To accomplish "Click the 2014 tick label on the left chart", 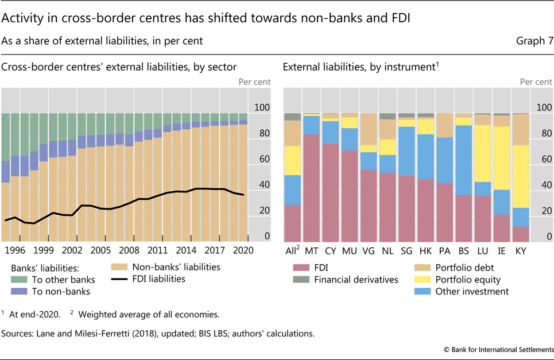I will [x=185, y=250].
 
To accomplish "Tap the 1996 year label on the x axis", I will [x=15, y=250].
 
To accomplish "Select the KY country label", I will [x=521, y=250].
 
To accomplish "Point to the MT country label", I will [x=312, y=250].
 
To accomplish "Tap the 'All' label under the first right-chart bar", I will [x=291, y=250].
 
